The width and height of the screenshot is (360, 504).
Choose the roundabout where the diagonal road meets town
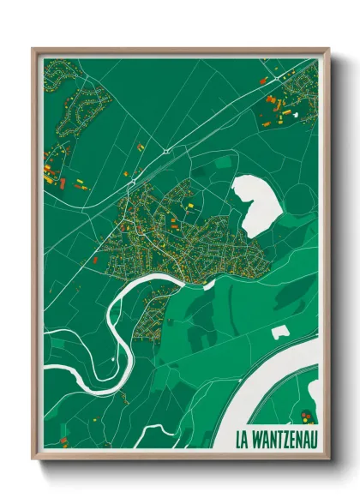click(131, 182)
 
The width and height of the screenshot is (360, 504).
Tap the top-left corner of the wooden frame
click(33, 49)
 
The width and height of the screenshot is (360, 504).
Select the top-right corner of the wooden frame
click(328, 49)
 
